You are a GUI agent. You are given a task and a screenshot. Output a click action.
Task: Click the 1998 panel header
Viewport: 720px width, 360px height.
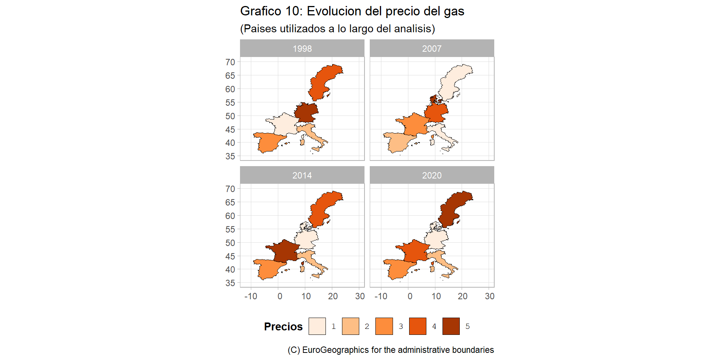[302, 48]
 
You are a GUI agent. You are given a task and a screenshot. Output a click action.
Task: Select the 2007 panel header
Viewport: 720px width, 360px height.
[432, 48]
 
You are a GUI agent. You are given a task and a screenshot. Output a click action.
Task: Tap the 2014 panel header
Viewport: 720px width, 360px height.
[302, 175]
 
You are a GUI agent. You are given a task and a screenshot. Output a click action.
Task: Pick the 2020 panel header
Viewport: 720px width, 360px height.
[432, 175]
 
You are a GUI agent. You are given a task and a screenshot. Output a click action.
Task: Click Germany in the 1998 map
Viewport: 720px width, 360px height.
[306, 112]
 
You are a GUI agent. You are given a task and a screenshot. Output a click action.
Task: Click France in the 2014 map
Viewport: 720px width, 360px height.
[285, 251]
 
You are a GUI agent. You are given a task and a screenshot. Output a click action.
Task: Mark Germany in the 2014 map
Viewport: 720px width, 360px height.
[306, 239]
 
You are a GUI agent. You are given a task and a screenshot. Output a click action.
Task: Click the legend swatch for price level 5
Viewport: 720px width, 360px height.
[451, 326]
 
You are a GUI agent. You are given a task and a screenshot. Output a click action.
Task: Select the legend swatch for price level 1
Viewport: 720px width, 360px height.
[317, 326]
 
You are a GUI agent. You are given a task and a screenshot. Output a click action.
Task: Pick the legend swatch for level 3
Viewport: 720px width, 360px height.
[384, 326]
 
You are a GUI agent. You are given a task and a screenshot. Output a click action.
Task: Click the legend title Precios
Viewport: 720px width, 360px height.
[283, 327]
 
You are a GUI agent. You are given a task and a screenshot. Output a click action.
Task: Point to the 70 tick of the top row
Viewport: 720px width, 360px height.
[230, 62]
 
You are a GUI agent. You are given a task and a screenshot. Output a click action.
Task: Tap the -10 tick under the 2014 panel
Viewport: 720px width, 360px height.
[251, 296]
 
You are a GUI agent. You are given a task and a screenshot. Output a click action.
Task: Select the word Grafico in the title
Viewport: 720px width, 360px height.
[260, 11]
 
